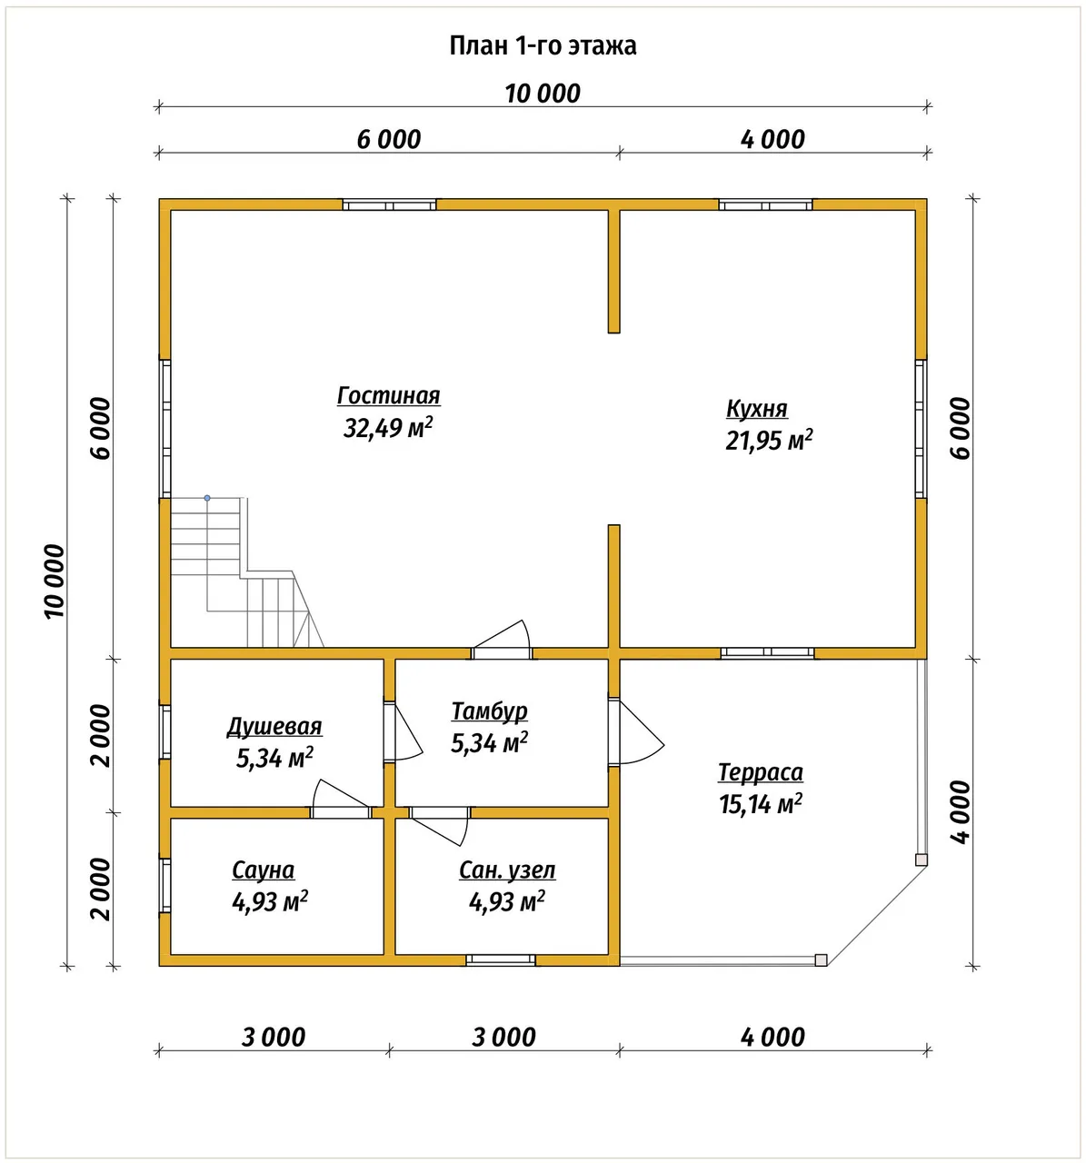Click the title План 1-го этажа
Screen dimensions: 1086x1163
click(543, 45)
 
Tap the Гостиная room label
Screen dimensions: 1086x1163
click(388, 396)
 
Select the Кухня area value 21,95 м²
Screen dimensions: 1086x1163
click(769, 441)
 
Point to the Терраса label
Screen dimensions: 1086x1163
click(761, 772)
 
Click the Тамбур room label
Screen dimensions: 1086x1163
click(489, 711)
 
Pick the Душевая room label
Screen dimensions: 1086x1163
click(274, 727)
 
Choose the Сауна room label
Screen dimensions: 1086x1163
click(263, 870)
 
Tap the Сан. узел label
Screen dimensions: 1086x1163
click(507, 870)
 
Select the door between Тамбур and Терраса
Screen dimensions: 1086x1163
click(635, 732)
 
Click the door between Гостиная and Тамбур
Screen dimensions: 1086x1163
click(502, 641)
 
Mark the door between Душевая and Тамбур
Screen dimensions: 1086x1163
click(403, 731)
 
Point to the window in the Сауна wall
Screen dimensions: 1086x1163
click(165, 886)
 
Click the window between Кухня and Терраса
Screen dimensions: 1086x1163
click(767, 653)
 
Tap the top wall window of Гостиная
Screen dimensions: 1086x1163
click(390, 205)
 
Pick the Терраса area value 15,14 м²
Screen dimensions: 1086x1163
click(761, 805)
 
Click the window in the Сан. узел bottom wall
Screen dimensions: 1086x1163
click(501, 959)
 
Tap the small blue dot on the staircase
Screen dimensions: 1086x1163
click(207, 498)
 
